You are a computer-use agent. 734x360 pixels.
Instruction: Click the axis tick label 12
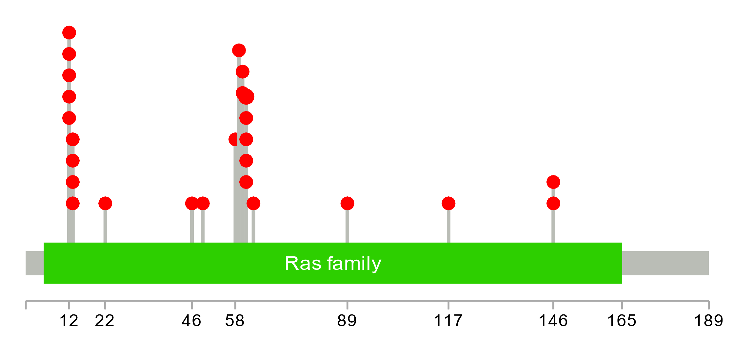pos(69,321)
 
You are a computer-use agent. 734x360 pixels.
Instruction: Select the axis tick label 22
pos(105,321)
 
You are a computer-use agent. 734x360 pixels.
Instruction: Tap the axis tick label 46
pos(191,321)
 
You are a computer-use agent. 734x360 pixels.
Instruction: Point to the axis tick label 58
pos(235,321)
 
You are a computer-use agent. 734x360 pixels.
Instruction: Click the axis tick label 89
pos(347,321)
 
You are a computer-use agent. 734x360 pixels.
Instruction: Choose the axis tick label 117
pos(448,321)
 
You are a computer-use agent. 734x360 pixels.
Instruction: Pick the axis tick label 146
pos(553,321)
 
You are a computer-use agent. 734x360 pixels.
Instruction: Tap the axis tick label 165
pos(622,321)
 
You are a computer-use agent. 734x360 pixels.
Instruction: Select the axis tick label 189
pos(708,321)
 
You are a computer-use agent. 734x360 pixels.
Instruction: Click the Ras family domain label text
pos(333,263)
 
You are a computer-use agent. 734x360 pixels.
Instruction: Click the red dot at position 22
pos(105,204)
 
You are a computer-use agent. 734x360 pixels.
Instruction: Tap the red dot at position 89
pos(347,204)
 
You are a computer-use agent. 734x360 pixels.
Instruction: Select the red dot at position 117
pos(448,204)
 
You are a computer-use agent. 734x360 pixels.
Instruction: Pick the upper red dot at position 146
pos(553,182)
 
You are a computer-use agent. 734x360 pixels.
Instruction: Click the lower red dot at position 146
pos(553,204)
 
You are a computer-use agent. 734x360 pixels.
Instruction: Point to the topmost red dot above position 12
pos(69,33)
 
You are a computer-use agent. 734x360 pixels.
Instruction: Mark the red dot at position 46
pos(192,204)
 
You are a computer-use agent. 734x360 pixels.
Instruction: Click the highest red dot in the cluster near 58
pos(239,50)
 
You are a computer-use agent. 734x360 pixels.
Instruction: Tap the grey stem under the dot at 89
pos(347,226)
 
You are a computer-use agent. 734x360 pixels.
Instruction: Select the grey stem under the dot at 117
pos(448,226)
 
